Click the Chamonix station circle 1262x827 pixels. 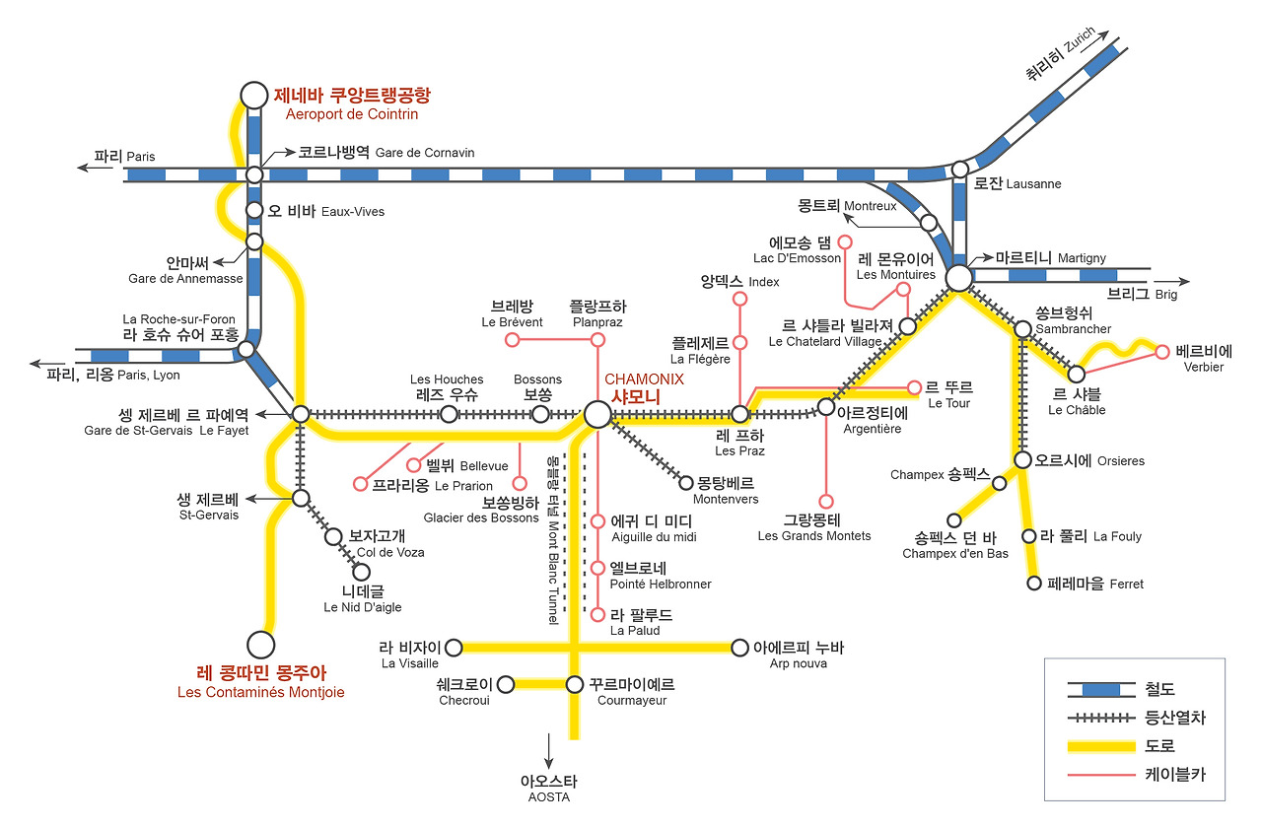click(596, 414)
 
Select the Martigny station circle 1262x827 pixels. click(958, 278)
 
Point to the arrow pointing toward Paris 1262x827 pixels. click(96, 168)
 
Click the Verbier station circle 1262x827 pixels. click(1162, 352)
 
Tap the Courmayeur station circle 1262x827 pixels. click(575, 684)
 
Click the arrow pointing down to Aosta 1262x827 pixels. click(548, 751)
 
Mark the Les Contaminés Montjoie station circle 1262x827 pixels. click(260, 645)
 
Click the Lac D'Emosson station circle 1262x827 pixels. click(843, 241)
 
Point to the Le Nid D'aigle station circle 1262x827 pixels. click(361, 572)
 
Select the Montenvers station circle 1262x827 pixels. click(687, 482)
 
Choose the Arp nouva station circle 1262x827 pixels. click(740, 648)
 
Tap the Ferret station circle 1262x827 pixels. click(1034, 584)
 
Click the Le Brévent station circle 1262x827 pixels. click(512, 340)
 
